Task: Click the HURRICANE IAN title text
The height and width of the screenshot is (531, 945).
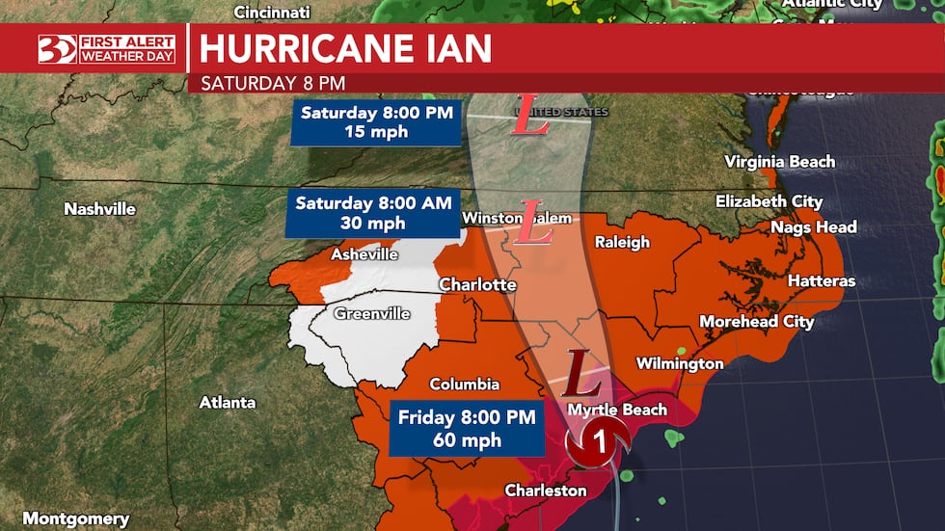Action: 345,47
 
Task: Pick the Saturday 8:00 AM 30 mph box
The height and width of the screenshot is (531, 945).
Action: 371,214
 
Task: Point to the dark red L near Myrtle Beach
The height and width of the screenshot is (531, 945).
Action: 577,368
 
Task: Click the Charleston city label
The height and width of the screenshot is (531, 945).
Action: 545,491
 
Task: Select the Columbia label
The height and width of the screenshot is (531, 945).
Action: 465,385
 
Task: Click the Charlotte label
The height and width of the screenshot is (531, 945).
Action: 477,285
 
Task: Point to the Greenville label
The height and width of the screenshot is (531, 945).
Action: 372,314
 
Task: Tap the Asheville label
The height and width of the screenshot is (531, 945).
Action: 364,254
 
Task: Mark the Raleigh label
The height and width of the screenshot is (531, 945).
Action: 622,242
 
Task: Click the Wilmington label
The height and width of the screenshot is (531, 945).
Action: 679,363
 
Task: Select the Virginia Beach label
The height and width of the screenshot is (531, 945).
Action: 779,162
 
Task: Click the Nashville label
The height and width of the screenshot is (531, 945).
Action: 99,209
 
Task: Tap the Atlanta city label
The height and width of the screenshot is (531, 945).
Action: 228,402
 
